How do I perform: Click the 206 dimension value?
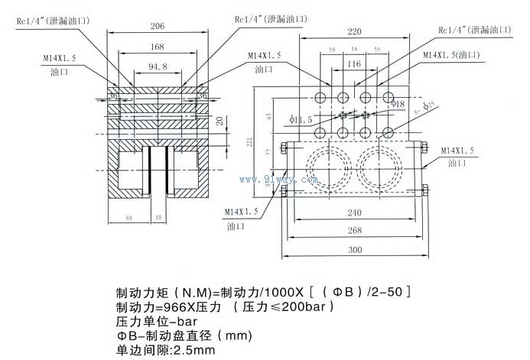point(157,26)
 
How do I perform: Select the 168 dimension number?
point(157,47)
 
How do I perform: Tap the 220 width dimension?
point(353,32)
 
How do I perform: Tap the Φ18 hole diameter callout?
point(398,103)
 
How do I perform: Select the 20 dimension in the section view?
point(220,121)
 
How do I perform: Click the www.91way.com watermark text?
point(278,180)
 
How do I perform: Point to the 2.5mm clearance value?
point(194,350)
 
